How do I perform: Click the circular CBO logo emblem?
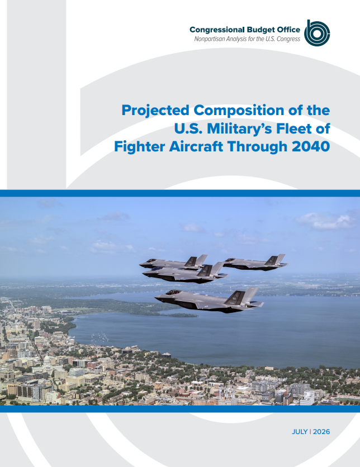tap(317, 33)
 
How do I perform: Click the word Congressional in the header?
tap(217, 30)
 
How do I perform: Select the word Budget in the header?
tap(260, 30)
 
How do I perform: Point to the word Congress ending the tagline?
tap(288, 39)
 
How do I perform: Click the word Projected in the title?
tap(155, 111)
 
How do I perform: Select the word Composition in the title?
tap(239, 111)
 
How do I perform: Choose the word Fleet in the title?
tap(293, 128)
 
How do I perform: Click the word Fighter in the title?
tap(140, 147)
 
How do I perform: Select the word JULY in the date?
tap(300, 432)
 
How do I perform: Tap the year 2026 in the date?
tap(321, 432)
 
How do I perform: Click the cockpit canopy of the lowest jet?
tap(173, 292)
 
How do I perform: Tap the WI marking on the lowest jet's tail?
tap(235, 298)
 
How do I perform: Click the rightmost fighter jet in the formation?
tap(255, 263)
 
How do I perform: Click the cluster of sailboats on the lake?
tap(100, 337)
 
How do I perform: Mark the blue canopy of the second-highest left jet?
tap(157, 269)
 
